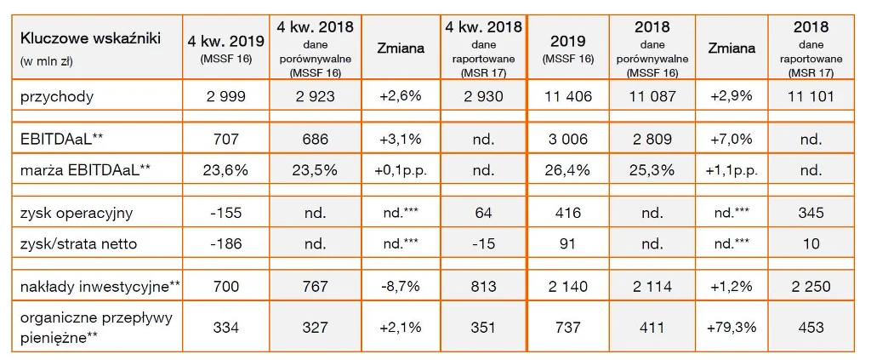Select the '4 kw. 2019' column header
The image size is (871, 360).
pos(225,41)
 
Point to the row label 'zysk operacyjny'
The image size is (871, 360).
pos(75,214)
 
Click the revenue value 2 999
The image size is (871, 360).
pos(225,96)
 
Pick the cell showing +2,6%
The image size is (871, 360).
pos(399,96)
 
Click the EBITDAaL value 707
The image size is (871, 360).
pos(225,138)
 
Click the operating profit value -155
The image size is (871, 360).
pos(225,214)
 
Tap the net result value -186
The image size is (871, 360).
pos(225,244)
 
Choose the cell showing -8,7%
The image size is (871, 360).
pos(399,287)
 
